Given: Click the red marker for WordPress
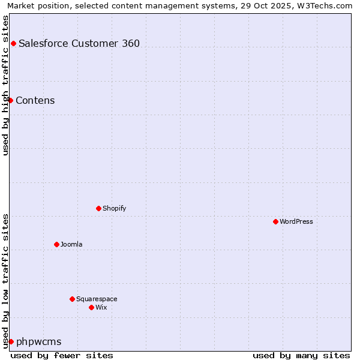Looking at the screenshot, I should click(x=275, y=221).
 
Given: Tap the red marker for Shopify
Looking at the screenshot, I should click(x=98, y=208).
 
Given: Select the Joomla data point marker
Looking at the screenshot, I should click(x=56, y=244).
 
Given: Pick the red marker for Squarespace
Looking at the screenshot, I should click(x=72, y=299).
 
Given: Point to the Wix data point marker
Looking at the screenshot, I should click(x=91, y=307).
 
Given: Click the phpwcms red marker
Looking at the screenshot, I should click(x=11, y=341).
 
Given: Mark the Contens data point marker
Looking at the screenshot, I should click(x=10, y=100).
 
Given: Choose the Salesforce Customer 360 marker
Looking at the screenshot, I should click(x=13, y=43).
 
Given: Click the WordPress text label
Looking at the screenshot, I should click(x=296, y=221).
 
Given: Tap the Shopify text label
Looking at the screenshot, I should click(x=114, y=208).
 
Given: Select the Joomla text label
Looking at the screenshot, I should click(x=71, y=244).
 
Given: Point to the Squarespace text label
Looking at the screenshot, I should click(x=97, y=299).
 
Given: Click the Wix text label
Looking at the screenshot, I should click(x=101, y=307).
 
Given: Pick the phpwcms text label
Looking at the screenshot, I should click(x=38, y=341).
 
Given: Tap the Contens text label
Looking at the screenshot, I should click(x=35, y=100).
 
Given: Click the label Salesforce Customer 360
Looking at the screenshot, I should click(x=79, y=43).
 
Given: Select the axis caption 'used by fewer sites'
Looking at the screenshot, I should click(x=62, y=355).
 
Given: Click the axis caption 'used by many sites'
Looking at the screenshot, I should click(x=301, y=355).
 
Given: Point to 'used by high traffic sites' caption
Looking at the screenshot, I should click(x=5, y=85).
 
